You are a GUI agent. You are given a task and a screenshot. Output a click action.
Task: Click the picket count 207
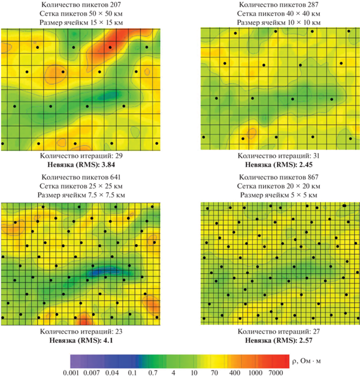(116, 4)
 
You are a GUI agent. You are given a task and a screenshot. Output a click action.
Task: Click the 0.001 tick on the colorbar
(80, 372)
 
